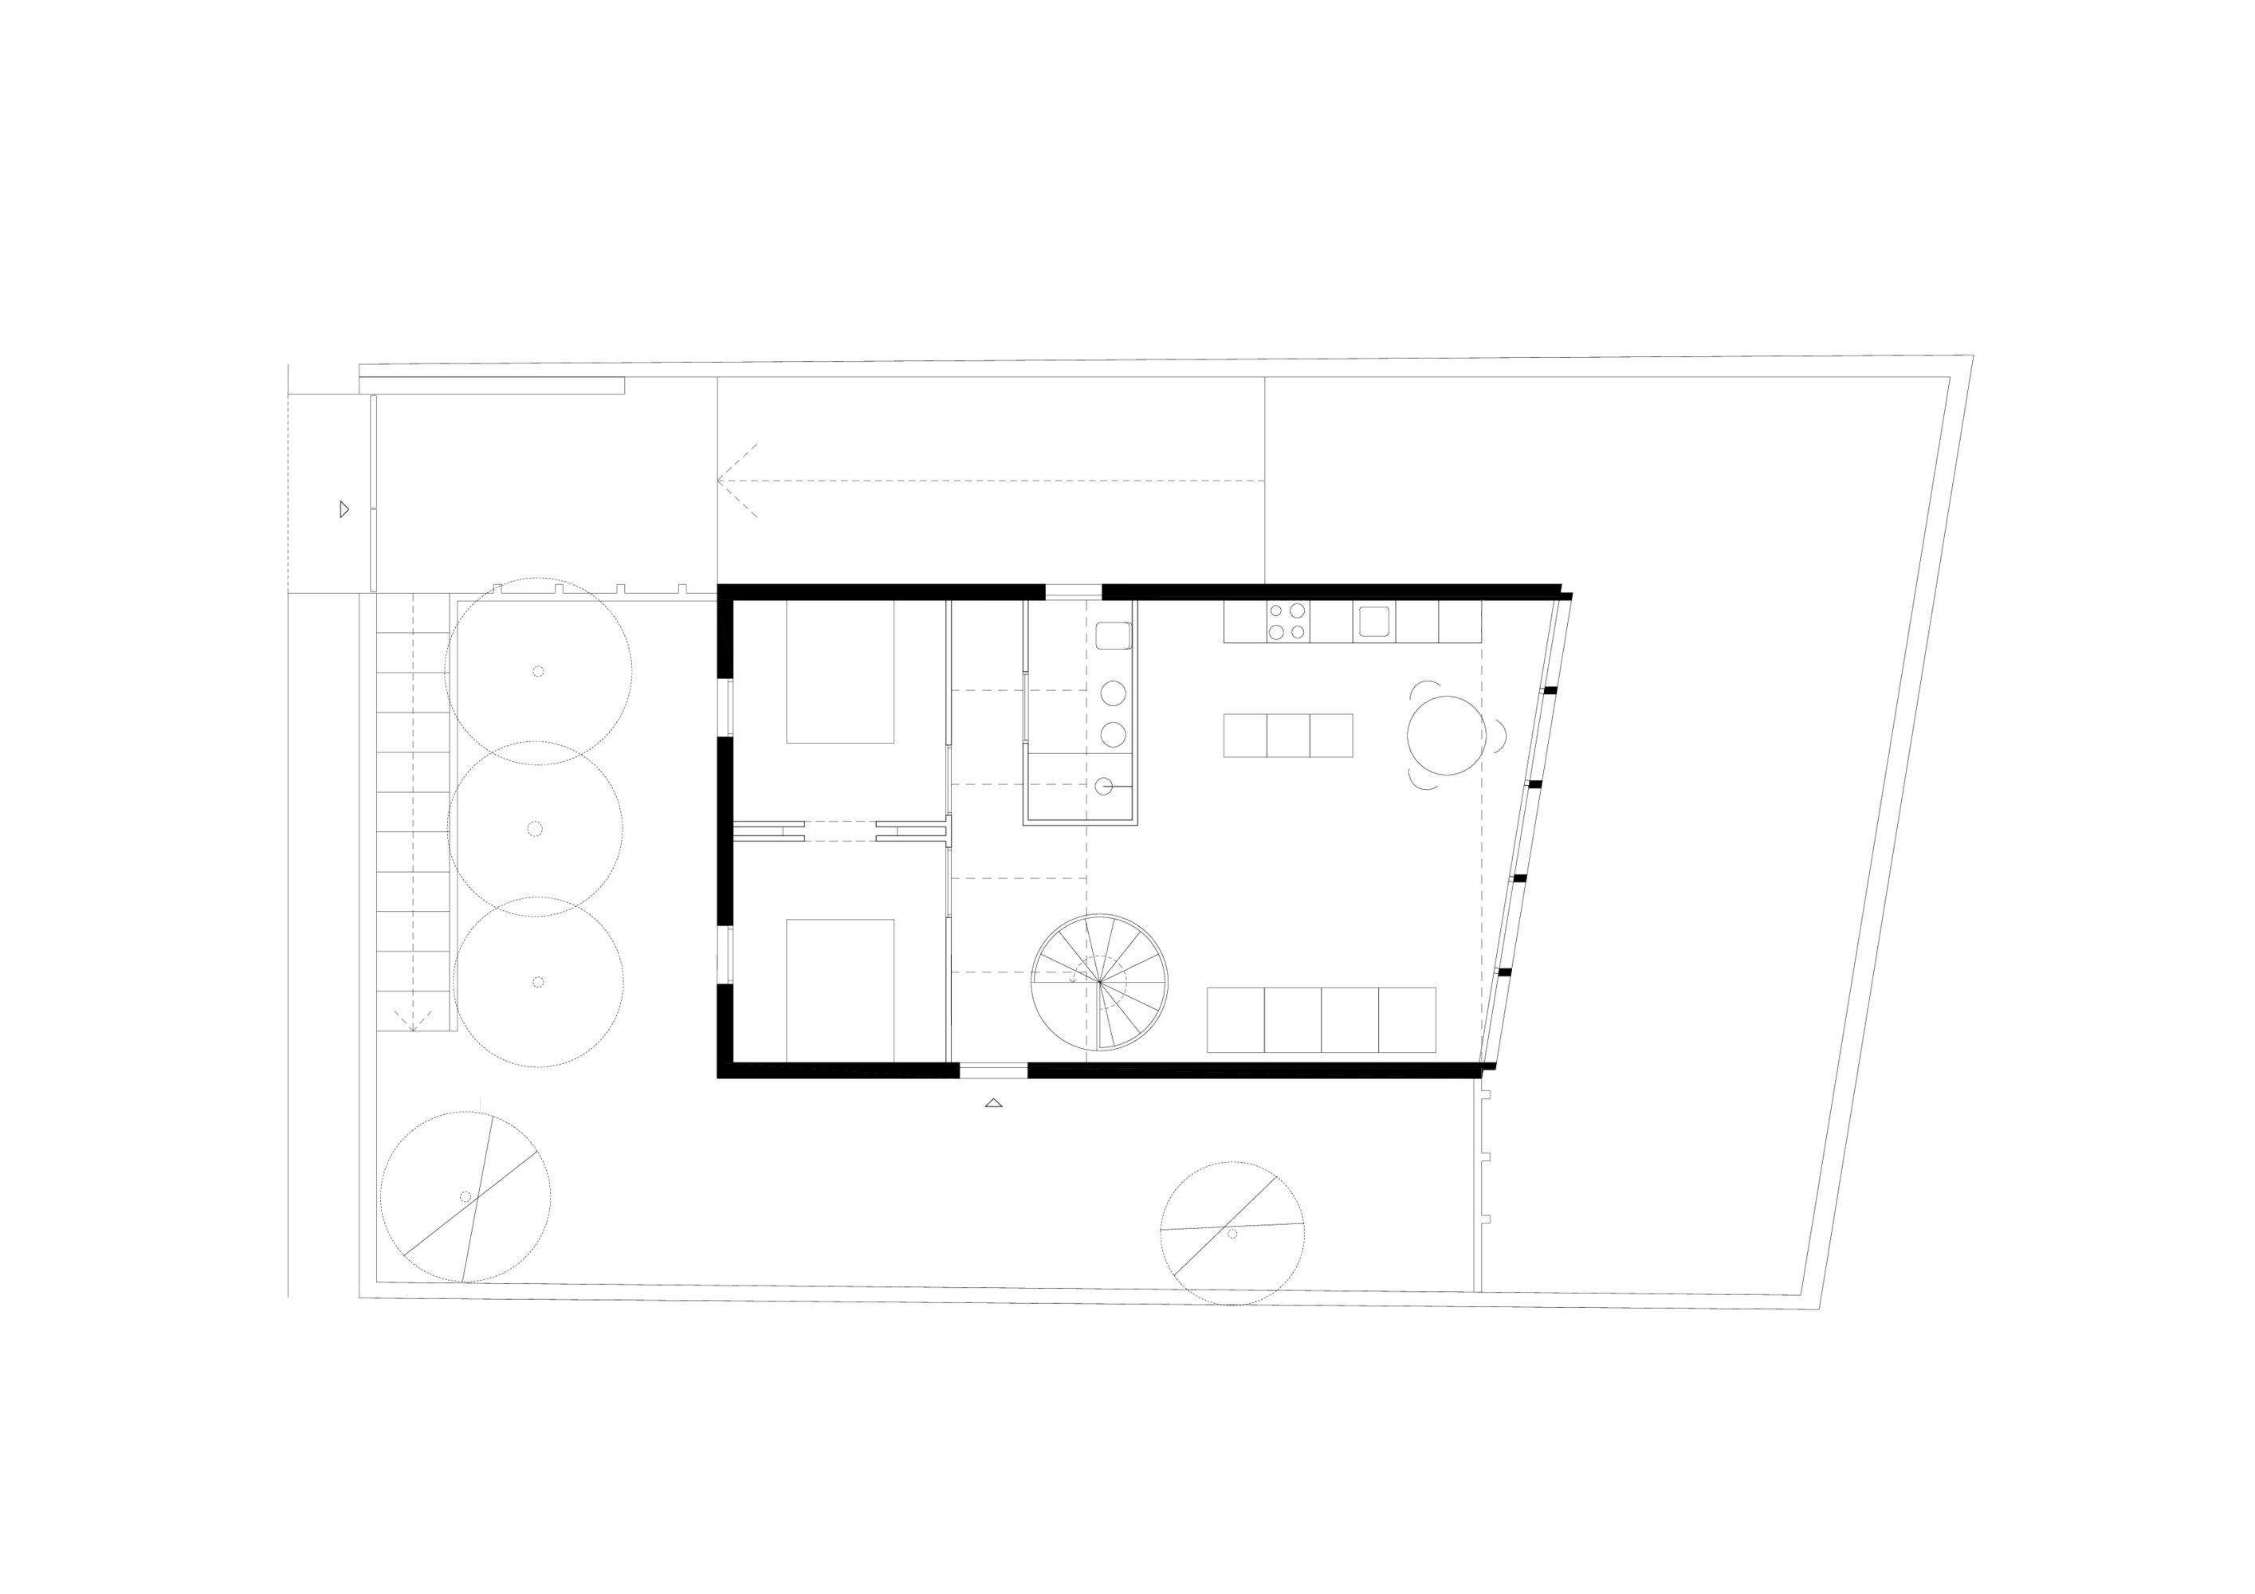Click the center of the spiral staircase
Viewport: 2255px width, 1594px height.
coord(1099,981)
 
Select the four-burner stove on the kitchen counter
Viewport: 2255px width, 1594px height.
coord(1287,622)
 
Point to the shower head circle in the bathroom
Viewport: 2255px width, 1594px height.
coord(1104,786)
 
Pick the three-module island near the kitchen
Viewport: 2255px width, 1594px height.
coord(1287,736)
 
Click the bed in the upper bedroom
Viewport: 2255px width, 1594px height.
coord(839,671)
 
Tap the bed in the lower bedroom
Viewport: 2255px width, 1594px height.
coord(839,989)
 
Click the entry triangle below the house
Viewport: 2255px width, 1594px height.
coord(993,1104)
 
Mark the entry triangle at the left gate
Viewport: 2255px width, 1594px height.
coord(344,508)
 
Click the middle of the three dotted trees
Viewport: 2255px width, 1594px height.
coord(534,829)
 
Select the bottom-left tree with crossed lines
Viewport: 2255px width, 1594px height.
coord(465,1196)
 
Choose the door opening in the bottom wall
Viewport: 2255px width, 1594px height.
coord(993,1070)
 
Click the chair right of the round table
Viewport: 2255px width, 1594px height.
coord(1499,735)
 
